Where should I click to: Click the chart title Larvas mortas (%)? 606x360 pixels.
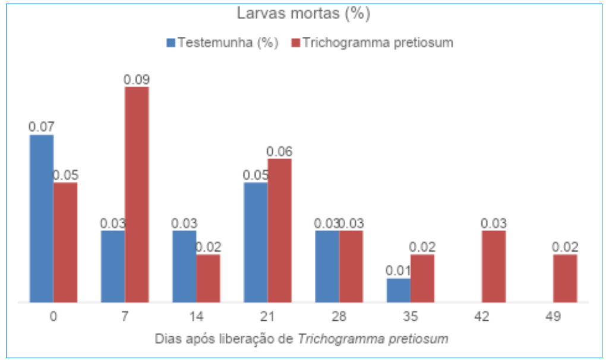(304, 14)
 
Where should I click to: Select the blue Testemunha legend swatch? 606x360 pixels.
(172, 43)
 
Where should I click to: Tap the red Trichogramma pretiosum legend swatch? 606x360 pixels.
(296, 43)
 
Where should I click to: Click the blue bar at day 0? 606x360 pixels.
(42, 219)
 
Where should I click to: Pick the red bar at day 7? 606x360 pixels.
(137, 195)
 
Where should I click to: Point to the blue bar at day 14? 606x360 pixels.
(184, 267)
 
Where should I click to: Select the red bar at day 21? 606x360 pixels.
(279, 230)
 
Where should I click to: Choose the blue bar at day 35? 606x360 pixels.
(399, 290)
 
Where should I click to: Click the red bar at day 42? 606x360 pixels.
(494, 267)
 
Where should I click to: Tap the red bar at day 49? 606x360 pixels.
(565, 279)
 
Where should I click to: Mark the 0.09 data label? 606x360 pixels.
(137, 79)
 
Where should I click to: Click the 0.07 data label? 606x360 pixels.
(42, 127)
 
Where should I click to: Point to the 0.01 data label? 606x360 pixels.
(399, 271)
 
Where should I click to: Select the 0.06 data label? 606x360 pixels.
(279, 151)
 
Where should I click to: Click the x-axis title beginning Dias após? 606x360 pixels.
(301, 339)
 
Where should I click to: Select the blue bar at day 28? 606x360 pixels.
(327, 267)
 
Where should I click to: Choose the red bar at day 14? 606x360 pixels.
(208, 279)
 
